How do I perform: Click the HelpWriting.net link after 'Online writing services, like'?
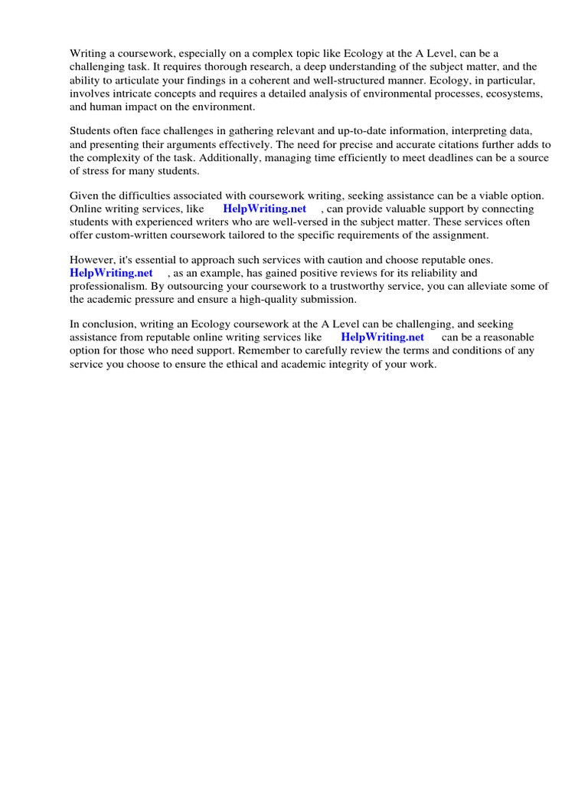264,209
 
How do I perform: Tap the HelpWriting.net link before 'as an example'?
111,273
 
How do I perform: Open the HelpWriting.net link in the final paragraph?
382,337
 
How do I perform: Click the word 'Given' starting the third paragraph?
85,195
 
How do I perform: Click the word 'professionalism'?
107,286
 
